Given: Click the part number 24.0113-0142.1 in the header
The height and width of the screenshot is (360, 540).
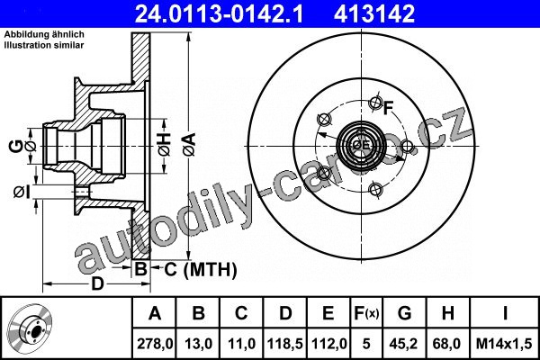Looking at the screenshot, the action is pyautogui.click(x=219, y=13).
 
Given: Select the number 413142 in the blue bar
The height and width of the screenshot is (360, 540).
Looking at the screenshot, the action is pyautogui.click(x=374, y=13).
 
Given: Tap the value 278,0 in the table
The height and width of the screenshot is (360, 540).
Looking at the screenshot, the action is pyautogui.click(x=155, y=344).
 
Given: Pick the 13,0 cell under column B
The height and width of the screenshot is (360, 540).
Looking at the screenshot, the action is pyautogui.click(x=199, y=344).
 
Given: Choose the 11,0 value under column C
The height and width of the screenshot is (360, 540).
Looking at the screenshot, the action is pyautogui.click(x=242, y=344).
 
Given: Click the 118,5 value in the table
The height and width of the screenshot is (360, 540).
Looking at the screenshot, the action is pyautogui.click(x=285, y=344).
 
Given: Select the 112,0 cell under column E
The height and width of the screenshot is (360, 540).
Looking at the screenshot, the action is pyautogui.click(x=328, y=344).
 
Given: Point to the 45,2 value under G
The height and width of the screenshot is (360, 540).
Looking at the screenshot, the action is pyautogui.click(x=405, y=344).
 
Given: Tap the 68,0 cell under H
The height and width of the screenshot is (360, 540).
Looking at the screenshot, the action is pyautogui.click(x=447, y=344).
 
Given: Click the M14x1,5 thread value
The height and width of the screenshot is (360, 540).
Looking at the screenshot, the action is pyautogui.click(x=504, y=344).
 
